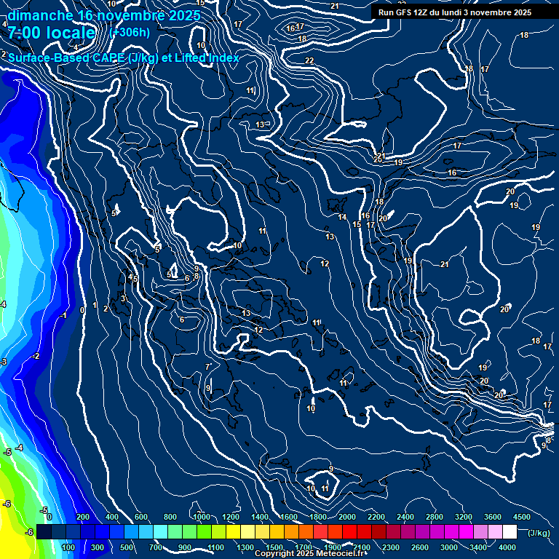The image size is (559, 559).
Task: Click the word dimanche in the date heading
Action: (39, 15)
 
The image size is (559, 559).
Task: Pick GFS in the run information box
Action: (400, 12)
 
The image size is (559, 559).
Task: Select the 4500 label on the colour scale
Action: (522, 516)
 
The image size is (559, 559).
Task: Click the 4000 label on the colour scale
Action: (507, 547)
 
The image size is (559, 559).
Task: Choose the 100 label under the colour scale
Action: (69, 547)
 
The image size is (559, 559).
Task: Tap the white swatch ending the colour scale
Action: (510, 532)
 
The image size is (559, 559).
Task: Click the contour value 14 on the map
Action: (342, 217)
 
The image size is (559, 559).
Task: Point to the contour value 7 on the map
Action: (208, 366)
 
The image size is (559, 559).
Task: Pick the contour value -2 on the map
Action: (36, 356)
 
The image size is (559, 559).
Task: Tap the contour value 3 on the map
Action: (123, 298)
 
